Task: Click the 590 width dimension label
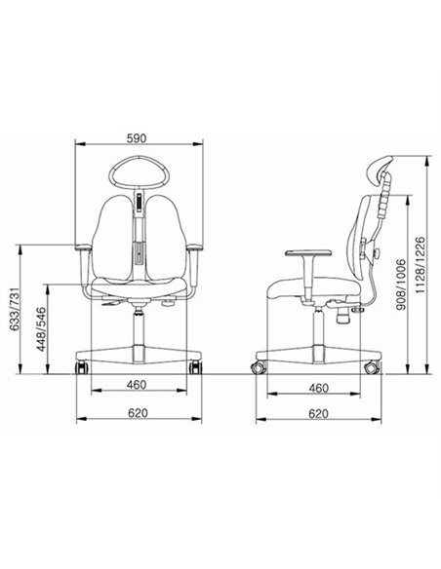point(137,138)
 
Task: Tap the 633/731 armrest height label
point(15,309)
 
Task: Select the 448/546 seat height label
point(41,329)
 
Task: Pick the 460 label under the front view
point(137,385)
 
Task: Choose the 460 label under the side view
point(319,389)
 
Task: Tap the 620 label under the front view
point(138,413)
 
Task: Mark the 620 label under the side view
point(319,414)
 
